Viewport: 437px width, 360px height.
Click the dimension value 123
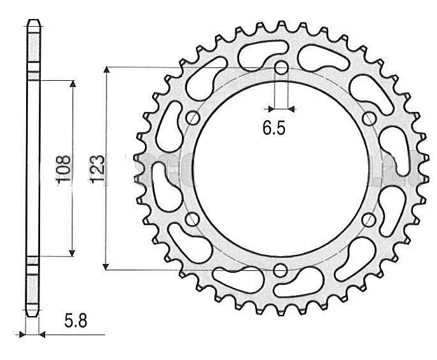[x=97, y=168]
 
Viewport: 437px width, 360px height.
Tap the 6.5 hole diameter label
[x=274, y=129]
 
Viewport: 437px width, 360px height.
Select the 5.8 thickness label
[x=76, y=322]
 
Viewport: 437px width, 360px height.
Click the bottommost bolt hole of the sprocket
[x=281, y=270]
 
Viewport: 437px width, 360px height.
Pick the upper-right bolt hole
[x=368, y=118]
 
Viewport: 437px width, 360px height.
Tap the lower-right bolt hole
[x=368, y=219]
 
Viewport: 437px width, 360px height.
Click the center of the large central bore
[x=281, y=169]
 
